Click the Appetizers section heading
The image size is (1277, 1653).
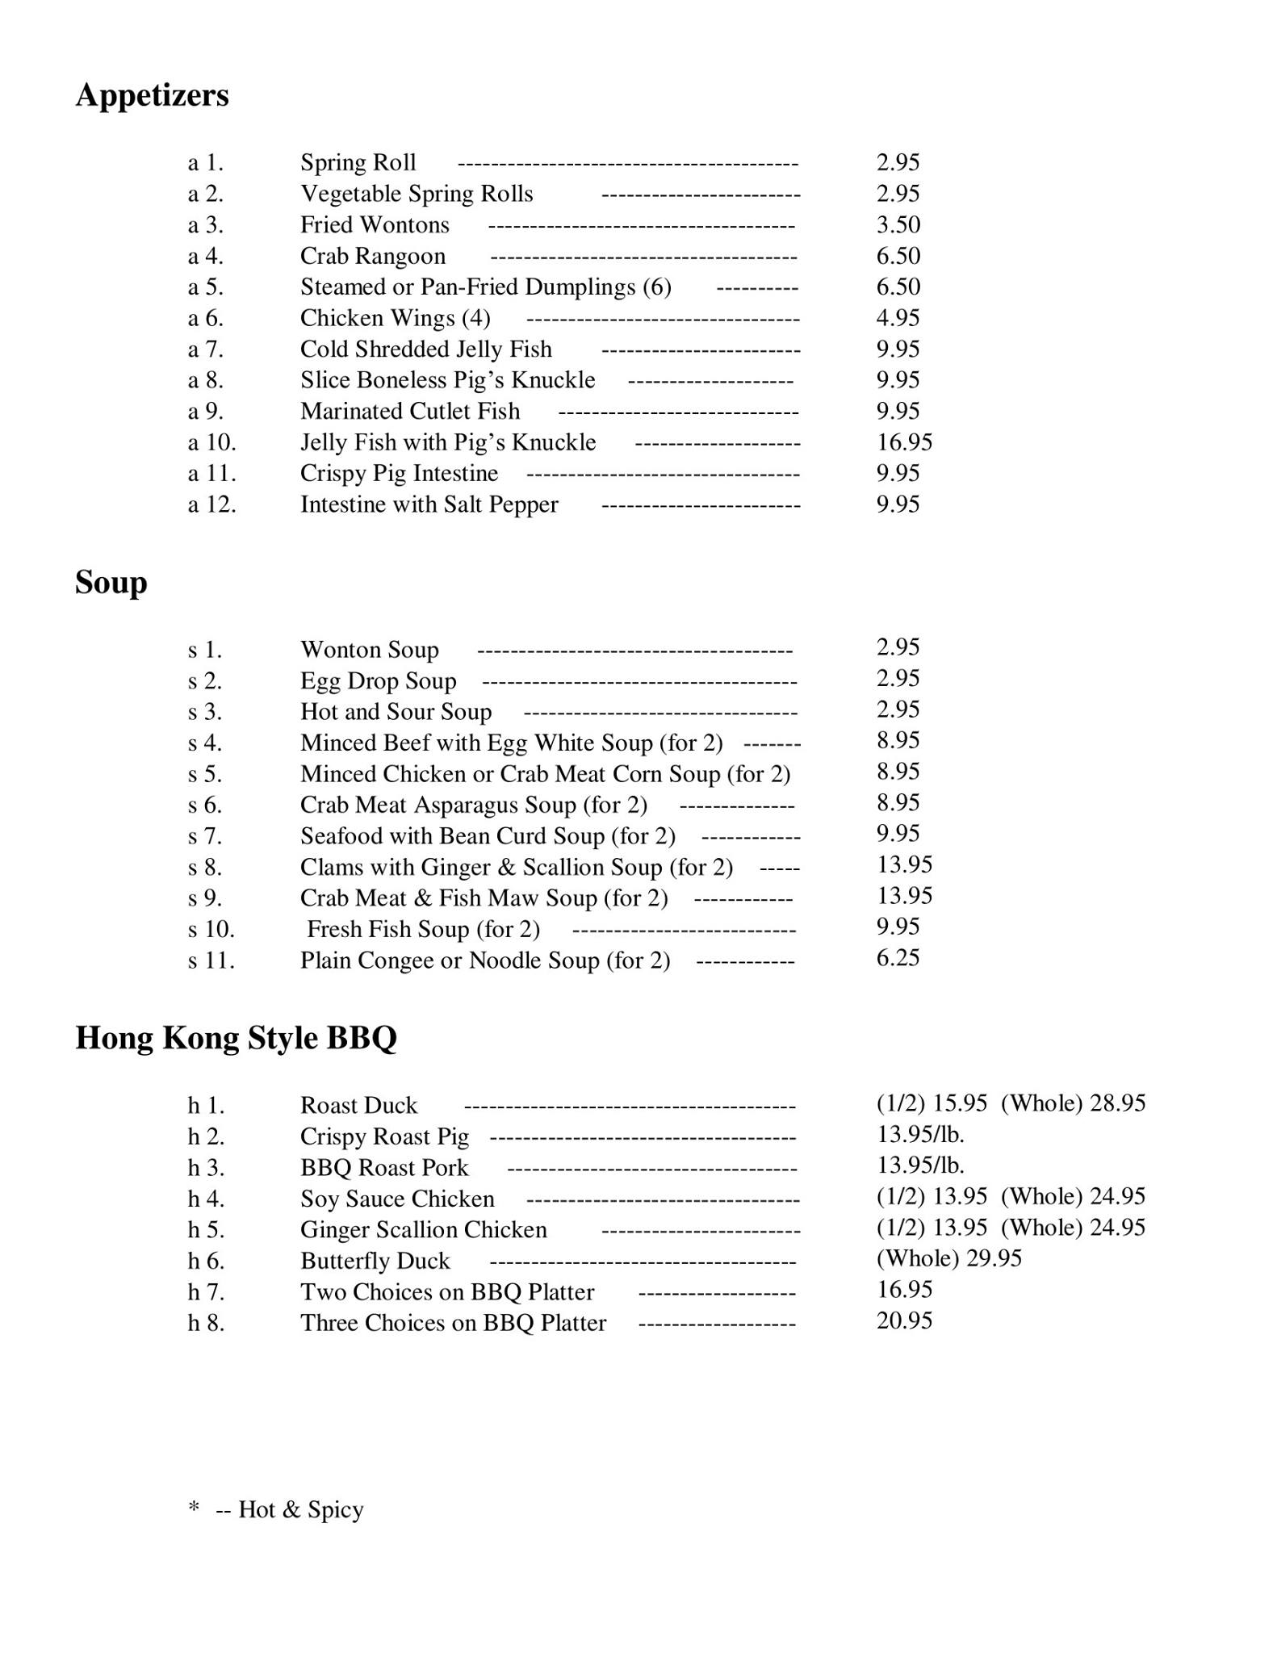[x=152, y=96]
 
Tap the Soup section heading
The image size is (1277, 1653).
[x=111, y=583]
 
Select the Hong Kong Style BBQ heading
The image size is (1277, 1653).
[x=236, y=1038]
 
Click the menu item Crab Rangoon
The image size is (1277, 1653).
[x=372, y=257]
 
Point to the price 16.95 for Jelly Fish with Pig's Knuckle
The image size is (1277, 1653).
[x=904, y=442]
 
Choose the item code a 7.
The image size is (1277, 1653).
[x=205, y=349]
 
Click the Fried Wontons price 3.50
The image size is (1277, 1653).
[x=898, y=225]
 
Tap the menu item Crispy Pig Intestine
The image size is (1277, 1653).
[x=399, y=474]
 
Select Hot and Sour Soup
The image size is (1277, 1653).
[x=396, y=712]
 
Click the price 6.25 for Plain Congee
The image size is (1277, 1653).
[x=898, y=958]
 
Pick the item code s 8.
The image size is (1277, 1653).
[x=205, y=868]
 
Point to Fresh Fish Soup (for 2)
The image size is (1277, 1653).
[x=423, y=930]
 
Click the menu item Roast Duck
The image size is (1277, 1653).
[x=358, y=1106]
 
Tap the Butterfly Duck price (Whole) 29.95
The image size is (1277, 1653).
[x=948, y=1258]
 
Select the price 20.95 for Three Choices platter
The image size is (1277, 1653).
[x=904, y=1320]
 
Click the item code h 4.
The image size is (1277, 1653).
[x=206, y=1199]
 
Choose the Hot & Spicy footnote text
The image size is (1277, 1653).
[x=300, y=1510]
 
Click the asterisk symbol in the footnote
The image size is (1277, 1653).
[x=194, y=1506]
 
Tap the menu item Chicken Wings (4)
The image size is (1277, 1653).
[x=395, y=319]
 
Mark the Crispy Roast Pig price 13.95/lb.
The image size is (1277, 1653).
[x=920, y=1135]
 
